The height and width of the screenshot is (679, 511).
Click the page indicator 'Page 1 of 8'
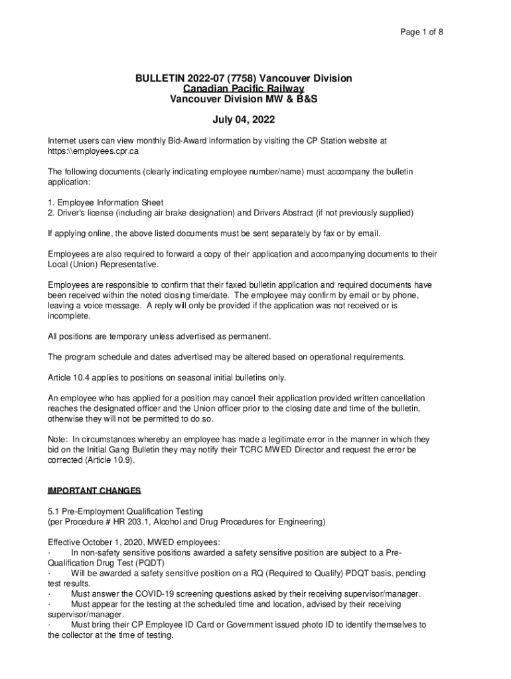click(421, 31)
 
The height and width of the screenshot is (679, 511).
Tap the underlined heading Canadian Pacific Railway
click(244, 89)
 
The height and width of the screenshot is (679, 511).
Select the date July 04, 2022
click(244, 120)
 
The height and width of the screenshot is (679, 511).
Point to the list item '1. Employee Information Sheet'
click(106, 202)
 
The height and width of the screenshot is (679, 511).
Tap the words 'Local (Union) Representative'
click(103, 265)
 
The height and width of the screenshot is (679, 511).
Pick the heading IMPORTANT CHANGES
click(94, 491)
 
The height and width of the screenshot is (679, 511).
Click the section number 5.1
click(54, 511)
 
